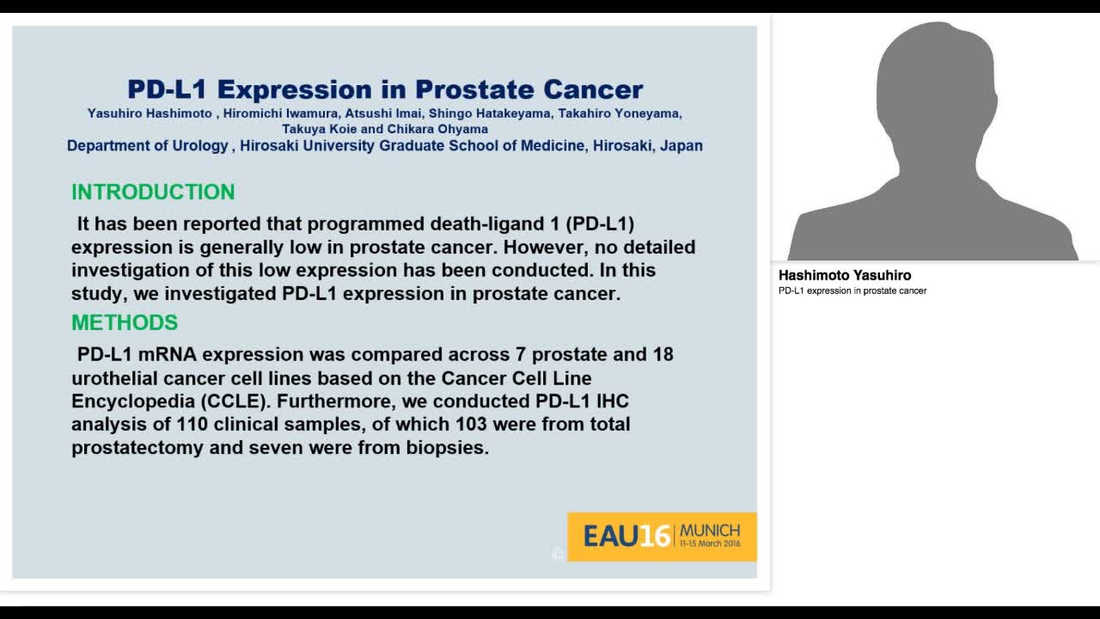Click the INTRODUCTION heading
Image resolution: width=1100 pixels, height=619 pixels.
tap(153, 192)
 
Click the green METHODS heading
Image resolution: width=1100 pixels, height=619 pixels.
tap(125, 322)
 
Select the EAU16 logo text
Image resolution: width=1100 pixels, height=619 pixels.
tap(626, 536)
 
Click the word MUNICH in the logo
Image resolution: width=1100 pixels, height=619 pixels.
tap(709, 530)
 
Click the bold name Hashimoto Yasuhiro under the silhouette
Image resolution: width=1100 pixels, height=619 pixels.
tap(845, 275)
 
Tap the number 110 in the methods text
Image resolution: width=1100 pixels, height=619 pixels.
tap(191, 424)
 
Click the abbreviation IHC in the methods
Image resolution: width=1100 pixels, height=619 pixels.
tap(611, 401)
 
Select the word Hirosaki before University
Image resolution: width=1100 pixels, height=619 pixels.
tap(268, 145)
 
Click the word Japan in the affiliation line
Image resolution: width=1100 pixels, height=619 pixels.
tap(681, 145)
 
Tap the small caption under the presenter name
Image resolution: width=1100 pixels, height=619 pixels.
tap(852, 291)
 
